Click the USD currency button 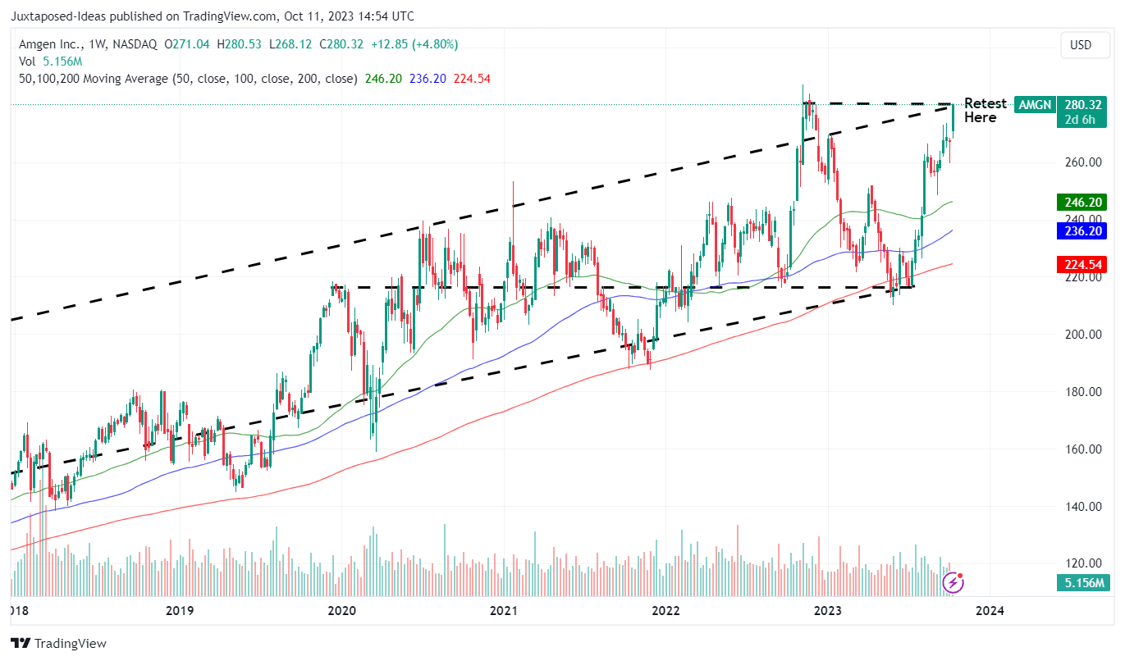[x=1081, y=45]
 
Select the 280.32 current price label [x=1083, y=105]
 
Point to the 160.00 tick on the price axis [x=1083, y=449]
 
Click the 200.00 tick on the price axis [x=1083, y=335]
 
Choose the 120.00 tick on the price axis [x=1083, y=564]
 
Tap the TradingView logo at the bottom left [x=58, y=644]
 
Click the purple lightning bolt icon [x=953, y=583]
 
